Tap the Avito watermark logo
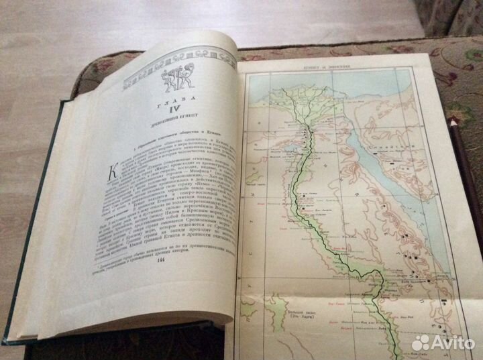[x=442, y=342]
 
